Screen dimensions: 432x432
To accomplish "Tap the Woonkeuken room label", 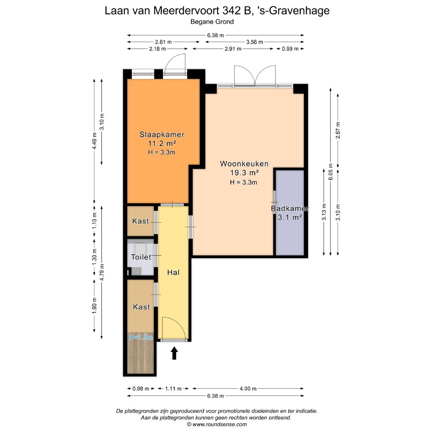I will click(x=244, y=164).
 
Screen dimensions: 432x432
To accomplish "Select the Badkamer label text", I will click(x=290, y=208).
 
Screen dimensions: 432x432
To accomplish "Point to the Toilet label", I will click(x=141, y=257).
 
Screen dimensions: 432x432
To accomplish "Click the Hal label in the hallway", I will click(x=173, y=273).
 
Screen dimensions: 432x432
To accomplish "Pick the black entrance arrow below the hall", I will click(x=174, y=353).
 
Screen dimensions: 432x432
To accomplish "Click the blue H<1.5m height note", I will click(x=141, y=338).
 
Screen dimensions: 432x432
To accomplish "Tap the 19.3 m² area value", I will click(x=244, y=173).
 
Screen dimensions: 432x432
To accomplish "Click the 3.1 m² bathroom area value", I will click(x=290, y=218).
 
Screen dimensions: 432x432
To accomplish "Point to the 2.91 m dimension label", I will click(x=232, y=49).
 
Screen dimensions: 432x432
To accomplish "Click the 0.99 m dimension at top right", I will click(x=290, y=49).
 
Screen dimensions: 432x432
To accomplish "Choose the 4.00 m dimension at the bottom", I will click(x=248, y=388).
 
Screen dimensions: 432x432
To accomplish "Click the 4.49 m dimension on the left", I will click(x=94, y=141).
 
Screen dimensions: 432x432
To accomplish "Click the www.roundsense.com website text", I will click(x=219, y=424).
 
